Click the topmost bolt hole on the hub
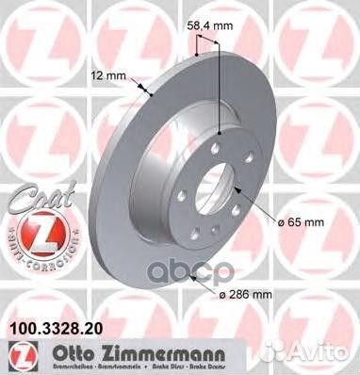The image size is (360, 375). pyautogui.click(x=216, y=140)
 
